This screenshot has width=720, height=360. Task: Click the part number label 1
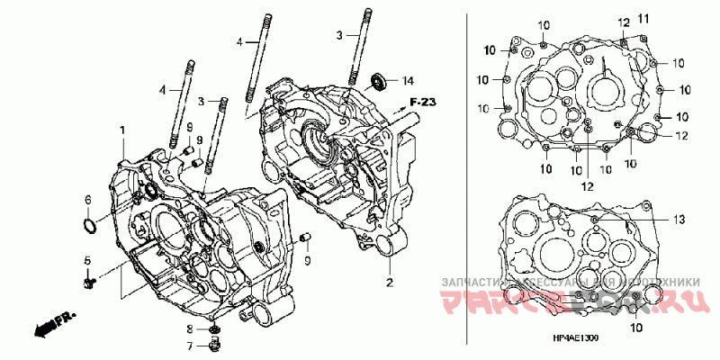121,131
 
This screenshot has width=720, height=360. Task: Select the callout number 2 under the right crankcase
390,283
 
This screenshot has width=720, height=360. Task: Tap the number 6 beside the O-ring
88,200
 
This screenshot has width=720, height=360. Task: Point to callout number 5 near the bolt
88,261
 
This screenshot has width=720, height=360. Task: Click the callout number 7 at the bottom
190,346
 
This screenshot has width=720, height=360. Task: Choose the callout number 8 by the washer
190,329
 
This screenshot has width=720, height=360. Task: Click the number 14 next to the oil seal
407,81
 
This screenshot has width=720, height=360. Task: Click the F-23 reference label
422,101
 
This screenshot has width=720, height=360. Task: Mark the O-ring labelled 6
88,223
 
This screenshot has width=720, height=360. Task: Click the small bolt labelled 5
88,283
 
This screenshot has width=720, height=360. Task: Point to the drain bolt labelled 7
215,346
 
